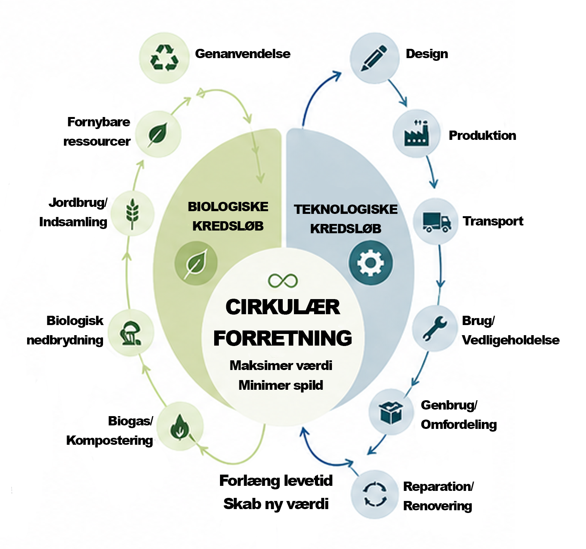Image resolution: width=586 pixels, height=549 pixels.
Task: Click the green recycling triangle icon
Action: point(164,58)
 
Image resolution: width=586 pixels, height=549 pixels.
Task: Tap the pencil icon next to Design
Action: point(374,58)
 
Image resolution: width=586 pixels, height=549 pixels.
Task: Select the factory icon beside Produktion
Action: point(416,133)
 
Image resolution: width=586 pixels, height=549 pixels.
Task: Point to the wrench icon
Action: point(435,328)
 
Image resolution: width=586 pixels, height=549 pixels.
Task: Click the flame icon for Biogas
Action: point(179,427)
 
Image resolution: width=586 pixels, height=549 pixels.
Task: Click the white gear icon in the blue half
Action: point(370,262)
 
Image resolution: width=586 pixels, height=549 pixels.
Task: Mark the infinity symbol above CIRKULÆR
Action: point(283,281)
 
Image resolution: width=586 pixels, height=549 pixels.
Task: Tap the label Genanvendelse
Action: point(242,54)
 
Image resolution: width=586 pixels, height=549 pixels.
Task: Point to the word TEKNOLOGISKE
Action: point(345,209)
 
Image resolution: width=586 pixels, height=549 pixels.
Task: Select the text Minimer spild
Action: point(281,385)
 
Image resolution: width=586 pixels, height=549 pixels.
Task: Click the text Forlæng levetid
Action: point(276,480)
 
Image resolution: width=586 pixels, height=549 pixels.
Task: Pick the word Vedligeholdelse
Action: point(510,340)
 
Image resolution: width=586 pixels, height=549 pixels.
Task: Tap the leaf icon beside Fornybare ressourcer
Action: point(158,134)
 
